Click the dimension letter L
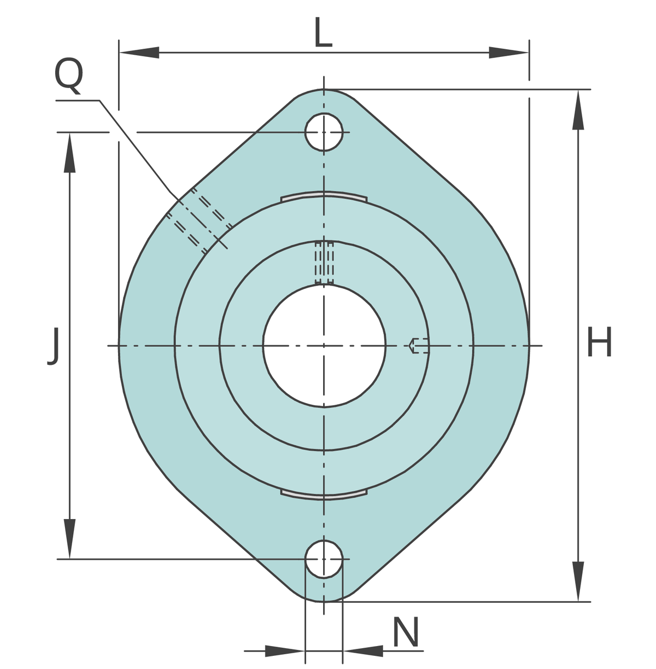point(323,32)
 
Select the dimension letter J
point(53,346)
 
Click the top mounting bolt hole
point(324,132)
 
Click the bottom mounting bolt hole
point(324,559)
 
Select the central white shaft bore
point(324,345)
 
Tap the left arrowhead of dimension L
point(139,53)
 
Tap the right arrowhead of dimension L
point(508,53)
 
